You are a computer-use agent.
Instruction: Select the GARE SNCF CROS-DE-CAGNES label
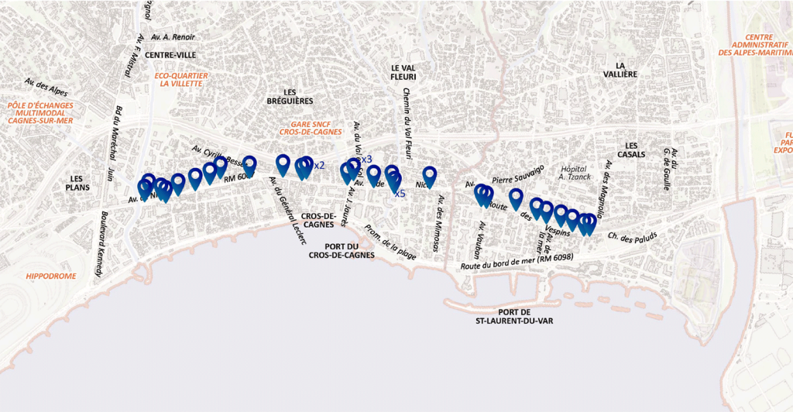316,128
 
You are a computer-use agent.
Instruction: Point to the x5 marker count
400,194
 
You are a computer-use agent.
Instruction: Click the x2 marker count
318,165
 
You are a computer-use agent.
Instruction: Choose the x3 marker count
366,159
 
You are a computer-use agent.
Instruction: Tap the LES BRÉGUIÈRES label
290,96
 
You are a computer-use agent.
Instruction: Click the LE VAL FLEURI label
403,72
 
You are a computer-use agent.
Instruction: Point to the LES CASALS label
631,149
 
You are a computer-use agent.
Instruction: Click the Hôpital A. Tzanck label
574,172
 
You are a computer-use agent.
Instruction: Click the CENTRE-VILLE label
170,55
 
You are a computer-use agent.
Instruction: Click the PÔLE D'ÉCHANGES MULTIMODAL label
39,113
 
